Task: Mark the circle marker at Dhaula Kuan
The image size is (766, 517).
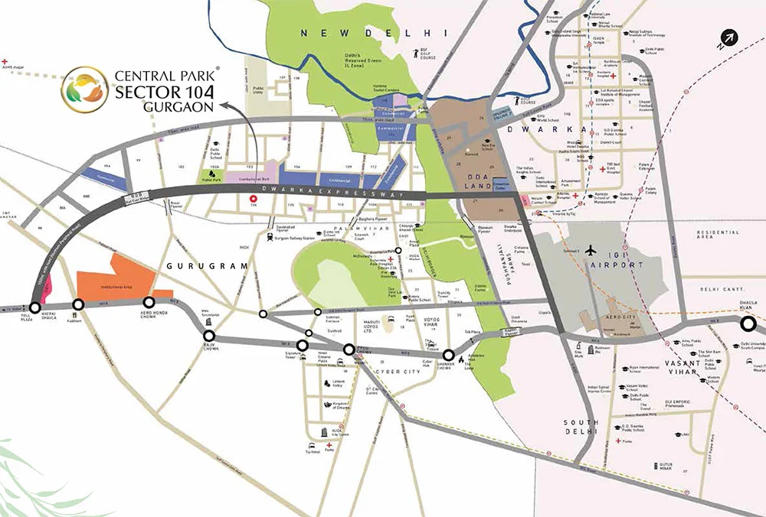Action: coord(748,324)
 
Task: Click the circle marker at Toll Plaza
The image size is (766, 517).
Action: coord(35,308)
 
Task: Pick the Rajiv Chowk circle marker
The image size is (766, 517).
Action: coord(208,335)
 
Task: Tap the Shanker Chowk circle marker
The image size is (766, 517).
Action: coord(449,355)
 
